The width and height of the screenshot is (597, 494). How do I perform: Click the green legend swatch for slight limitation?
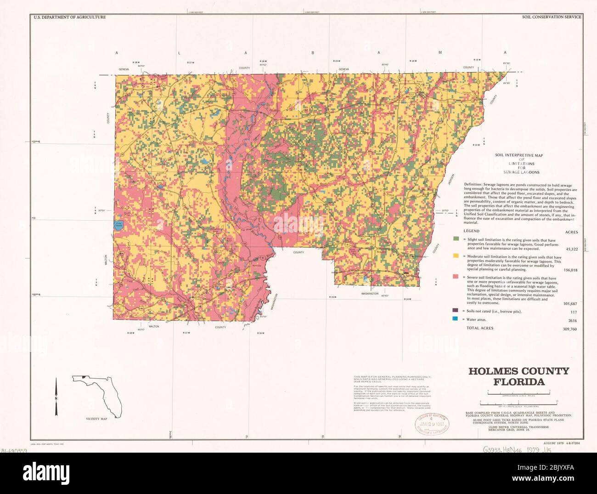pyautogui.click(x=456, y=239)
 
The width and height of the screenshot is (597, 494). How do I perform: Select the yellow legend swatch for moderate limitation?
pyautogui.click(x=456, y=256)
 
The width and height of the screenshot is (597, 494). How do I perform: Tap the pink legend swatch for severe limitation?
pyautogui.click(x=456, y=277)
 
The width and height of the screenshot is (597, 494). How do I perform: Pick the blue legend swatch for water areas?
pyautogui.click(x=456, y=319)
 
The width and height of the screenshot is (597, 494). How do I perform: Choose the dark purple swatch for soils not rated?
pyautogui.click(x=456, y=311)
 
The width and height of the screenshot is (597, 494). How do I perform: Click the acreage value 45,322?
pyautogui.click(x=571, y=249)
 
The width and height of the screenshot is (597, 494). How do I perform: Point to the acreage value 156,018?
pyautogui.click(x=570, y=270)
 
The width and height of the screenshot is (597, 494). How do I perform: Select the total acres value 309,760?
pyautogui.click(x=569, y=329)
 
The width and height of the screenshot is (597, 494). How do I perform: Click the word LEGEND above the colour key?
pyautogui.click(x=471, y=231)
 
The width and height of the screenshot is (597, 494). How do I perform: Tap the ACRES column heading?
pyautogui.click(x=571, y=232)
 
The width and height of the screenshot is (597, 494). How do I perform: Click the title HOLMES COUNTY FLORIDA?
pyautogui.click(x=518, y=376)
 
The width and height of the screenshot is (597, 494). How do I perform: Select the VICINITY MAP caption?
pyautogui.click(x=96, y=419)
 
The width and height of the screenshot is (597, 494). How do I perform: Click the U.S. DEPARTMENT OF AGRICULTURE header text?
pyautogui.click(x=69, y=17)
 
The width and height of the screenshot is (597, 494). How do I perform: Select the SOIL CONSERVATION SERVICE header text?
pyautogui.click(x=551, y=17)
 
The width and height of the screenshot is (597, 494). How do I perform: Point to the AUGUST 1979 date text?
pyautogui.click(x=553, y=443)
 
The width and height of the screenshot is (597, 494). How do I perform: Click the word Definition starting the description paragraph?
pyautogui.click(x=473, y=185)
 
